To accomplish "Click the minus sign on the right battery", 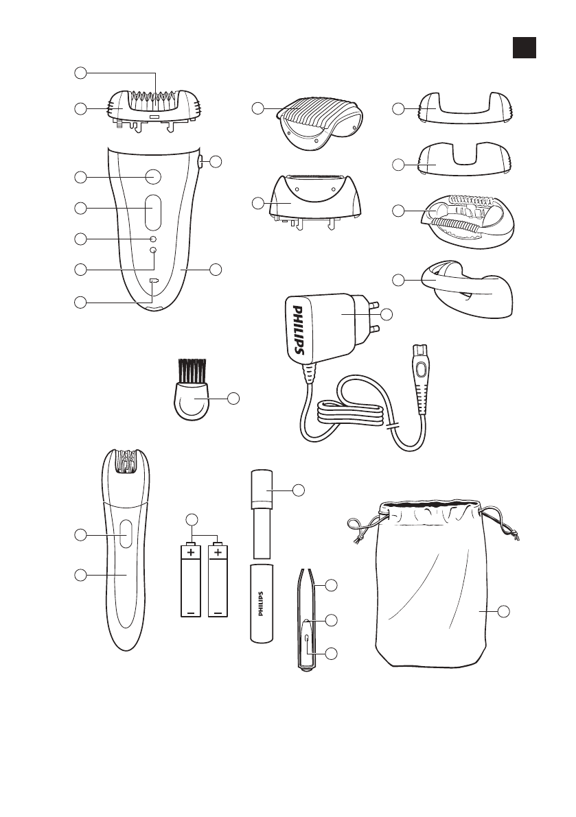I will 218,612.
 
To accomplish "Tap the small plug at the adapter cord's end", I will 420,370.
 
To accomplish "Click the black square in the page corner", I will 524,47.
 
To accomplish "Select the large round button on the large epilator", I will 153,176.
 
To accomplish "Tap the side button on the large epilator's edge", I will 199,162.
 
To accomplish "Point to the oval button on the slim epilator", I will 124,534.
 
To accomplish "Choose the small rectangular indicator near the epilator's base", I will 153,281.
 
